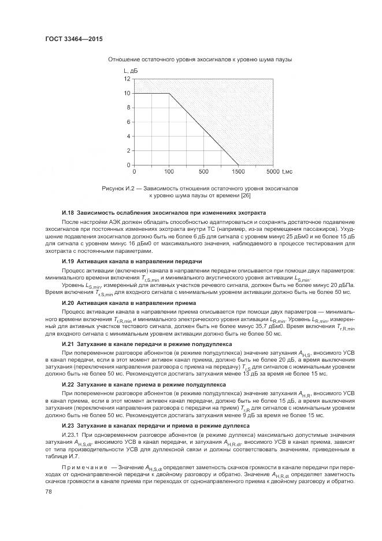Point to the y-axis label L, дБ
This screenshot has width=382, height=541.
(x=129, y=71)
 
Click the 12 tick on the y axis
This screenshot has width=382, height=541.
(x=127, y=79)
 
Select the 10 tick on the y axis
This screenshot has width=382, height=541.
(x=127, y=93)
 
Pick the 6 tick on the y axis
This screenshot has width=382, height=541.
(x=128, y=122)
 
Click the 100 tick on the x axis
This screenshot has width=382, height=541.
(x=169, y=172)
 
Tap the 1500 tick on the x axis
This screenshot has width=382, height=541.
(x=238, y=172)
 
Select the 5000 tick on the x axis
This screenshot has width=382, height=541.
(x=273, y=172)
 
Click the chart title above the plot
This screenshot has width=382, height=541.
(x=199, y=60)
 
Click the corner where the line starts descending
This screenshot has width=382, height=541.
(x=169, y=93)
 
